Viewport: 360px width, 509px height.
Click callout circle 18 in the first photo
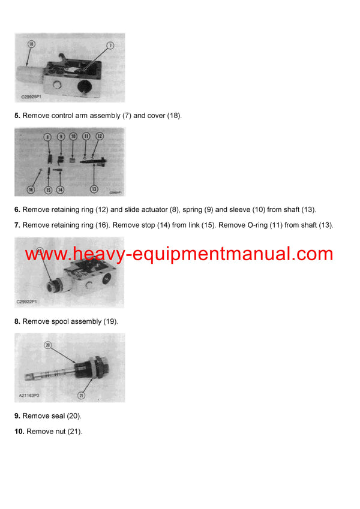click(x=31, y=44)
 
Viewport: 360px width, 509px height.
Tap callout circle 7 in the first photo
click(x=110, y=45)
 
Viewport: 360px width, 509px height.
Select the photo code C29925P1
click(x=28, y=97)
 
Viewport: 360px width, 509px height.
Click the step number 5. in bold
click(x=17, y=116)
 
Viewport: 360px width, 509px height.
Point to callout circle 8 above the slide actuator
click(x=48, y=137)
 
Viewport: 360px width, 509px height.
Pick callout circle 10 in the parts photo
click(x=73, y=137)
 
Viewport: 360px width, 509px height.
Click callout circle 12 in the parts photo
click(x=100, y=136)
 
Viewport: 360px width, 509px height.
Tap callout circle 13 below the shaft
click(x=94, y=189)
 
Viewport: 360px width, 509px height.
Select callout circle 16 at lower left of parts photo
click(x=31, y=189)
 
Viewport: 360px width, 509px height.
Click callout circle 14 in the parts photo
click(x=60, y=189)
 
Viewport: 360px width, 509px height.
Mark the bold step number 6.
click(x=17, y=209)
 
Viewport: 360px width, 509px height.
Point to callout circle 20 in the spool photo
click(x=48, y=345)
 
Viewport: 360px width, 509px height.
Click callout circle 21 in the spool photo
click(x=82, y=395)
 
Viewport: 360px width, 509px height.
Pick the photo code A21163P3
click(x=28, y=397)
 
